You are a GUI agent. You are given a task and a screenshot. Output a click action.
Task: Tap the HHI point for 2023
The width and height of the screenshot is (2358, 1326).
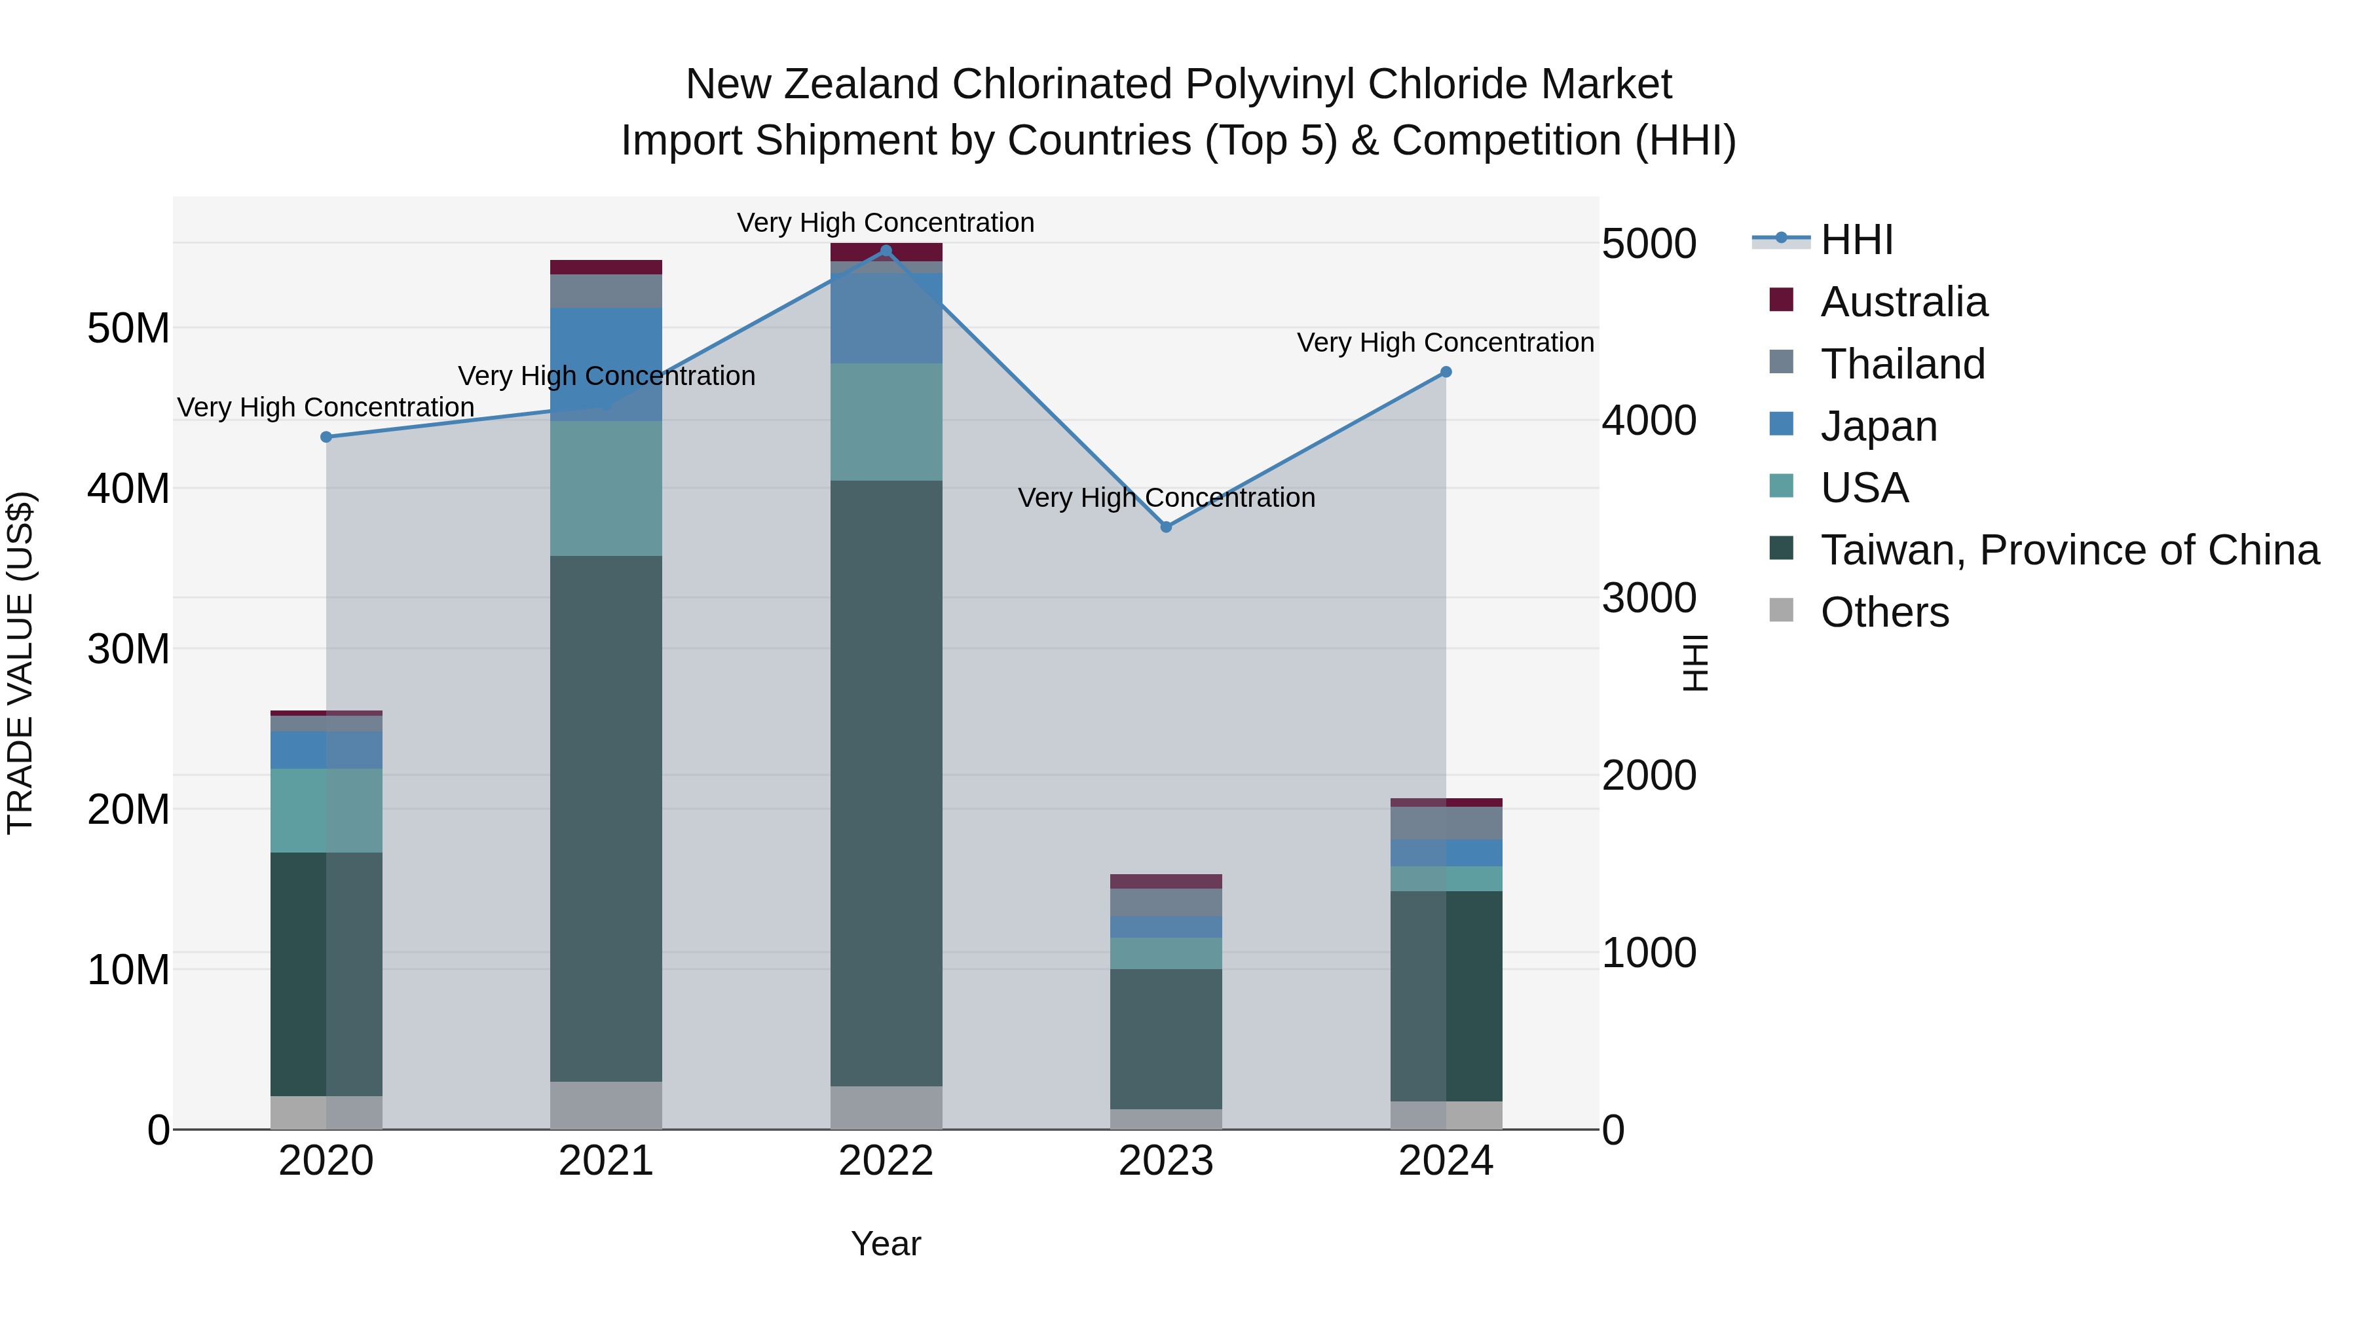coord(1165,527)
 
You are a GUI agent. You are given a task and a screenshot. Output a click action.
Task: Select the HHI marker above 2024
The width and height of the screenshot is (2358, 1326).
coord(1446,373)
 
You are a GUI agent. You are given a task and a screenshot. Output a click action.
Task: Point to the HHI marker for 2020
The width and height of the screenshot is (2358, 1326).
coord(326,437)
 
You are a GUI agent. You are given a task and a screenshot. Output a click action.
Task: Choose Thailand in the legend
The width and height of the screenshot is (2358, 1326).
coord(1902,364)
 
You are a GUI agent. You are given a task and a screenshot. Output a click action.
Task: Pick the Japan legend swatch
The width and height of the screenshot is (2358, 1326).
coord(1782,424)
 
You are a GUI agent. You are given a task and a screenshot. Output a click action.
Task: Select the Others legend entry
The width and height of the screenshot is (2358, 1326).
coord(1884,612)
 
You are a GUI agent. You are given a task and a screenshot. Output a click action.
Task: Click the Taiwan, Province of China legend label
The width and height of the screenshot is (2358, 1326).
coord(2068,550)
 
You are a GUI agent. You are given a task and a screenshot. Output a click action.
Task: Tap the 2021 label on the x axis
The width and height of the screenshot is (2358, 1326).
coord(606,1161)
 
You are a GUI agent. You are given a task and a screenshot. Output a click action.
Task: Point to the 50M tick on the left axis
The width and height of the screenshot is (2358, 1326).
coord(128,327)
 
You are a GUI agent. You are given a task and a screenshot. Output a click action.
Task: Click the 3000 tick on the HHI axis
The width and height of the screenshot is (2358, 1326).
coord(1649,599)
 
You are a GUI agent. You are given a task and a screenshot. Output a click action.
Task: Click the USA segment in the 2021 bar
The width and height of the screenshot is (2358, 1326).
coord(606,488)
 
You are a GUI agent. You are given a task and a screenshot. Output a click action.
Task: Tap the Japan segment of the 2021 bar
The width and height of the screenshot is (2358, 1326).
coord(606,363)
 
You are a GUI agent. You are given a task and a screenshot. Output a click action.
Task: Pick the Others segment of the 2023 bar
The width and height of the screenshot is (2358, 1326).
coord(1165,1119)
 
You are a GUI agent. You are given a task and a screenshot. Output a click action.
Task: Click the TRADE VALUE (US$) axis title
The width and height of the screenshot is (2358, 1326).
coord(20,663)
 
